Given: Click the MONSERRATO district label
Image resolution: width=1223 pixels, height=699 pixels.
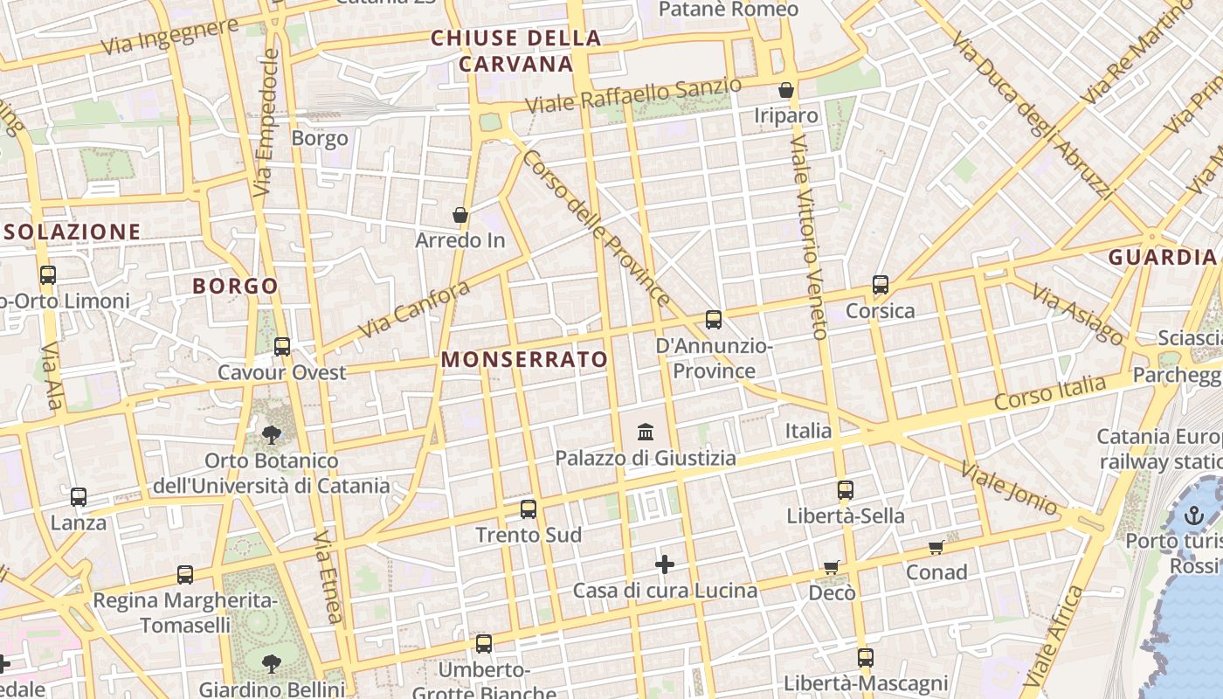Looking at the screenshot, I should point(524,359).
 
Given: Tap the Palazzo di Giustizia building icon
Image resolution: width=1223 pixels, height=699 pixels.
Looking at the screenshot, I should point(646,432).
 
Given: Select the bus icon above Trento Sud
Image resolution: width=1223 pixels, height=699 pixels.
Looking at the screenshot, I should point(529,509).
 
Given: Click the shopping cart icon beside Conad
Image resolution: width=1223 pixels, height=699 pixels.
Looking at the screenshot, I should point(936,548).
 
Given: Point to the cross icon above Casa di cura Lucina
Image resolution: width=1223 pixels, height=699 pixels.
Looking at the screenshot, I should point(665,564).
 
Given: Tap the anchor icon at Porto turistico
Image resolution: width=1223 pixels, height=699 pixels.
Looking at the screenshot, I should point(1193,516).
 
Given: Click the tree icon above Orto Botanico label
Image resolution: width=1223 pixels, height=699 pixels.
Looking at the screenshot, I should point(272,434).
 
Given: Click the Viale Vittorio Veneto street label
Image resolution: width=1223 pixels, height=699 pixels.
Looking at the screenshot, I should point(808,236).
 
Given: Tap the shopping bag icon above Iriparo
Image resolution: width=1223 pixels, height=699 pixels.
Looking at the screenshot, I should point(786,90).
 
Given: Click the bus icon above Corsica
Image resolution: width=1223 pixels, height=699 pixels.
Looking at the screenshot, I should point(881,285).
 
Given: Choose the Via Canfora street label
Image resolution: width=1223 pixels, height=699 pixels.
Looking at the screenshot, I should point(414,310).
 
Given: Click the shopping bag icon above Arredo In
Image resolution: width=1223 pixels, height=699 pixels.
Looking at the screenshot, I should point(460,215).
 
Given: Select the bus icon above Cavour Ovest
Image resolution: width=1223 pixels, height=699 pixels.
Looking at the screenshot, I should point(282,347).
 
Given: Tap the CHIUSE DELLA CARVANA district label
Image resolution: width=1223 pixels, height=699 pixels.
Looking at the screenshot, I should point(516,51).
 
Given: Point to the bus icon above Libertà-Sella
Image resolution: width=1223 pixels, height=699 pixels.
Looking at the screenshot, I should point(845,490).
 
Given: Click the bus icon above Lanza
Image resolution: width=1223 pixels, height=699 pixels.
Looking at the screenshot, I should point(79,497).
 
